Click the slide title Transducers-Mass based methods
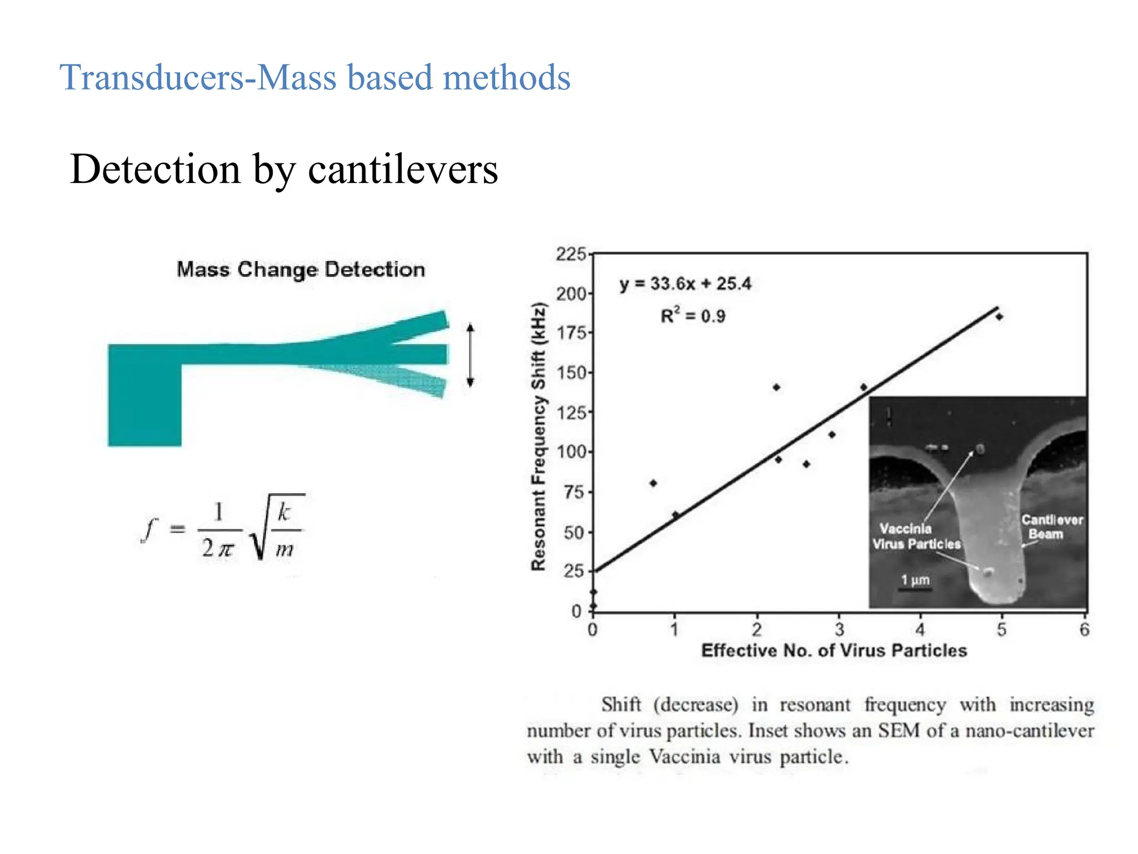point(315,78)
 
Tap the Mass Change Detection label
point(301,270)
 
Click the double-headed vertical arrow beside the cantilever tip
point(470,355)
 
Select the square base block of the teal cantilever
point(144,396)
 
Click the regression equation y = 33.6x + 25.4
point(685,284)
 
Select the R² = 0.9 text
point(693,316)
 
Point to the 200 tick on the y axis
point(571,294)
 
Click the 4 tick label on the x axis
point(920,630)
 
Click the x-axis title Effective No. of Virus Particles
point(833,651)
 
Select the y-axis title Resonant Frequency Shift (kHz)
point(538,436)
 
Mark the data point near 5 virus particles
point(999,317)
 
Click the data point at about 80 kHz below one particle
point(653,483)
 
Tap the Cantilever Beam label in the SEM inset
point(1051,527)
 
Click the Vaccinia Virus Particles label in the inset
point(916,537)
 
